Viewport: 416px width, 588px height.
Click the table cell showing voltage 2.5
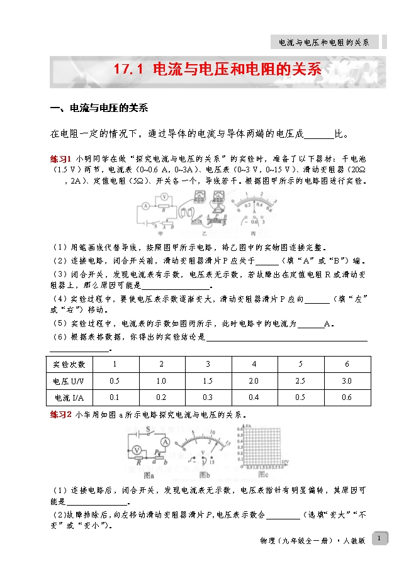pos(300,381)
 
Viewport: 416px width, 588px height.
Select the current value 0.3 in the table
pos(208,397)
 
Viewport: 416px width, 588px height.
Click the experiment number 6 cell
pos(347,365)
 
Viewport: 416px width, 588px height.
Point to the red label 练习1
pos(61,157)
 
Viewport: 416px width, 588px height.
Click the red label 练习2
pos(61,415)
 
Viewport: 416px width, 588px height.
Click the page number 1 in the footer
pos(379,538)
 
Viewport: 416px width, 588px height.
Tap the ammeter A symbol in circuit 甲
pos(144,205)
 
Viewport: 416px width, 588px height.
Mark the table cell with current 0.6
pos(347,397)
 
